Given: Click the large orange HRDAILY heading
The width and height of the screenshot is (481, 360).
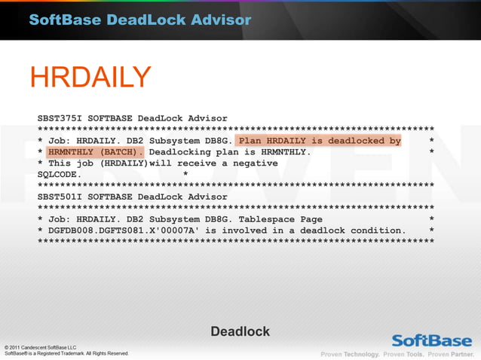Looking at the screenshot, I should (x=90, y=78).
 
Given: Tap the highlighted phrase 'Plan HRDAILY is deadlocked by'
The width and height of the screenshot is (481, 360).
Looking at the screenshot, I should (x=320, y=141).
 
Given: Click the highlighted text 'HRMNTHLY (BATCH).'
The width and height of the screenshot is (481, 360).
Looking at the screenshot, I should (x=95, y=151).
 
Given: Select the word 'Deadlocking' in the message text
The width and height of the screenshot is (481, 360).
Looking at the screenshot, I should (x=180, y=151).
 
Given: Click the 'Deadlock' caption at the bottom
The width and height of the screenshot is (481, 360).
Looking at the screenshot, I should (x=240, y=331).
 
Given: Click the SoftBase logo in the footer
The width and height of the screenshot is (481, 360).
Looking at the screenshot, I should (x=431, y=339).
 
